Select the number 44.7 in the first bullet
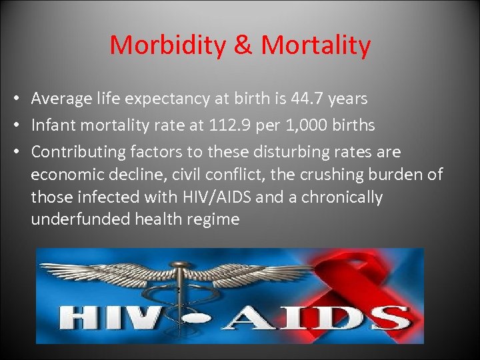309,99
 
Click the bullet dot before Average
15,99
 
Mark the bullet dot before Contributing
15,153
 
